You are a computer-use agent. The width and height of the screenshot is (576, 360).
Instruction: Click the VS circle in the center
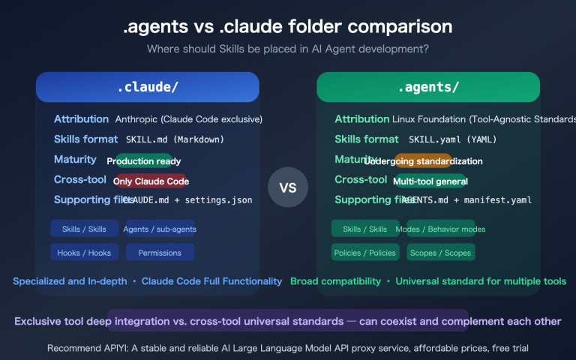[288, 187]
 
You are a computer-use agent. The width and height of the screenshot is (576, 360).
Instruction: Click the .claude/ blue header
[147, 87]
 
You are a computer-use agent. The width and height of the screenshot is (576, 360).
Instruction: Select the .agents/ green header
[428, 87]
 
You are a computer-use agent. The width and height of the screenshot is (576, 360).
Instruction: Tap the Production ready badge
[144, 161]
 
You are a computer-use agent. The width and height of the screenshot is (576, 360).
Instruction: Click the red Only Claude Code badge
[150, 181]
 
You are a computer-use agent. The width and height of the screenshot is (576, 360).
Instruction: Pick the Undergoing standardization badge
[423, 161]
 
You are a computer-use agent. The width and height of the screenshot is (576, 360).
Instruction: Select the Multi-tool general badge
[430, 181]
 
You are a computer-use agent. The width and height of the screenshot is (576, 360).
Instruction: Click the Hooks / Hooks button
[84, 253]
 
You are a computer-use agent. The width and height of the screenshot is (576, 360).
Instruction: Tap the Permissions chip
[159, 253]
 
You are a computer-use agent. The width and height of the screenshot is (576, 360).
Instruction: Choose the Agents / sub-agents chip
[159, 229]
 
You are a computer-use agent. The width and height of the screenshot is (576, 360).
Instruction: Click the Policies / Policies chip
[364, 253]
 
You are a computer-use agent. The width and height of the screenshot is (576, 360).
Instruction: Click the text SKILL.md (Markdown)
[174, 139]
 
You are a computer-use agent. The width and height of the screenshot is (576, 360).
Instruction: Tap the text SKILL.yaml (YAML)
[452, 139]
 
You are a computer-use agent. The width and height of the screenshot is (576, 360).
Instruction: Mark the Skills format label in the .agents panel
[367, 139]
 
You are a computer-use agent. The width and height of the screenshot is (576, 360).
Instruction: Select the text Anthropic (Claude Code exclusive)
[188, 119]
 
